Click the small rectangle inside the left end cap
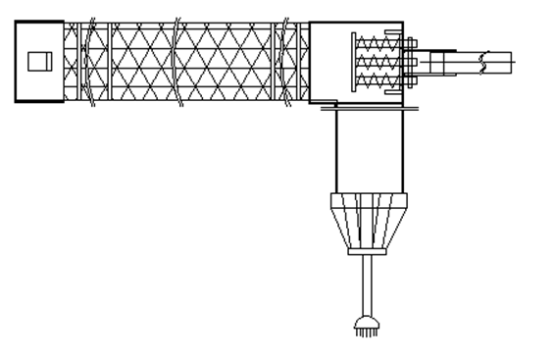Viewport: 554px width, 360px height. (38, 62)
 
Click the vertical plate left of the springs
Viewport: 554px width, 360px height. (353, 61)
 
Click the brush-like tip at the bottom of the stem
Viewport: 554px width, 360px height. (366, 326)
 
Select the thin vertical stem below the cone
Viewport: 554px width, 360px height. (366, 284)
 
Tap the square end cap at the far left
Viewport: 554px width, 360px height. (39, 62)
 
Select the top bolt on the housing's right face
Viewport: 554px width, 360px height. (409, 41)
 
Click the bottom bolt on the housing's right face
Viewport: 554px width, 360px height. (409, 79)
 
